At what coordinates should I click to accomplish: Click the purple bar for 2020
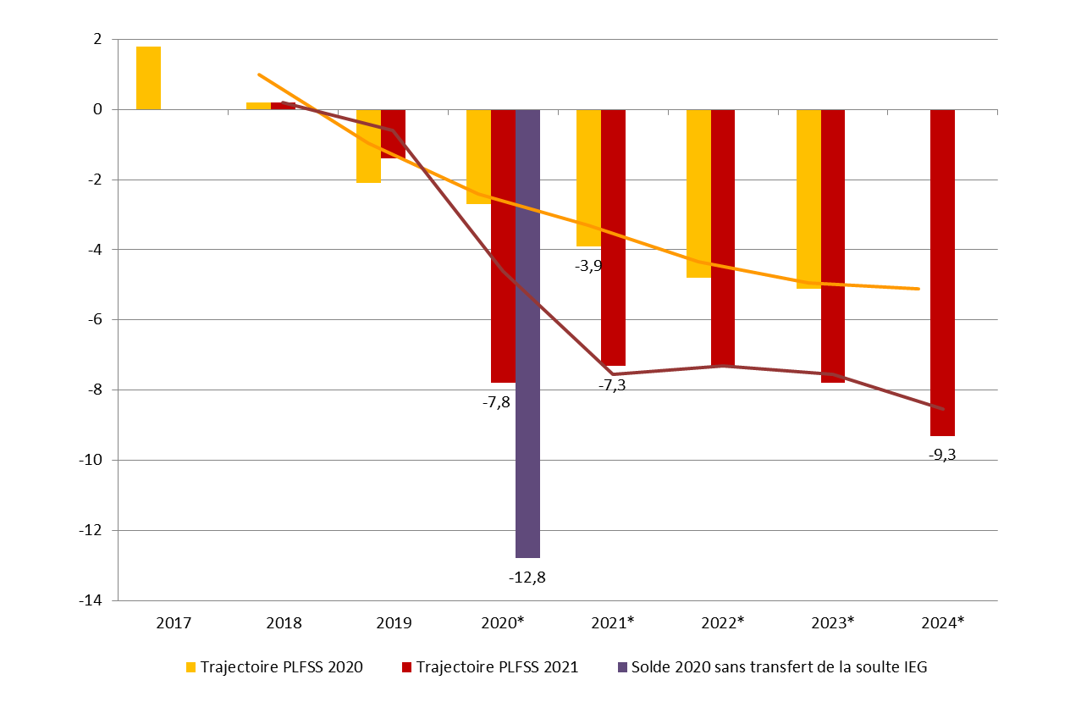[x=527, y=334]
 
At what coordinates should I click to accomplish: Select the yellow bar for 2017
[x=148, y=78]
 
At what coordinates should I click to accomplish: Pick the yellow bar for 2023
[x=808, y=199]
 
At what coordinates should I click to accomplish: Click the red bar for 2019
[x=393, y=134]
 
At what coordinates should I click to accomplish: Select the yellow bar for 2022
[x=698, y=193]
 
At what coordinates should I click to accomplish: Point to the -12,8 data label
[x=527, y=578]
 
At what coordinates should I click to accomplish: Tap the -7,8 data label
[x=496, y=402]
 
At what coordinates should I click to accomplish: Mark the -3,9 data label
[x=589, y=266]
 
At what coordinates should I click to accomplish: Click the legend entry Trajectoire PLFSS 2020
[x=281, y=667]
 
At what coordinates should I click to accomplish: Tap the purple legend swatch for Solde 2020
[x=623, y=667]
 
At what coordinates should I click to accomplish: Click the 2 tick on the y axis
[x=98, y=39]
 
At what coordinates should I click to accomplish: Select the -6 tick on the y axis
[x=95, y=319]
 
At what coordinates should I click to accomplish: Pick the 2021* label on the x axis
[x=613, y=622]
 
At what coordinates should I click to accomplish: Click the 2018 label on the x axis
[x=284, y=622]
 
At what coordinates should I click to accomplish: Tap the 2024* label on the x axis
[x=943, y=622]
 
